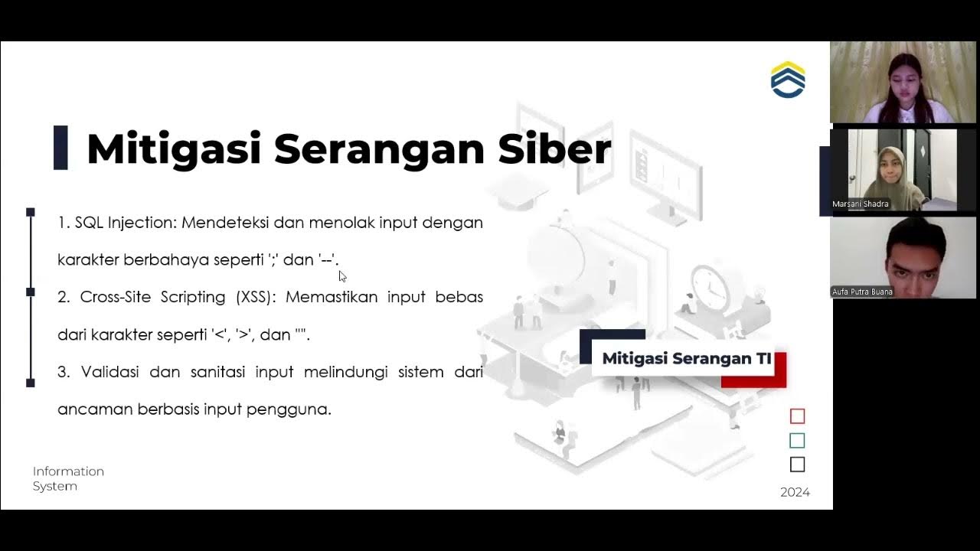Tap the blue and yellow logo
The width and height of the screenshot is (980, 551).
coord(788,80)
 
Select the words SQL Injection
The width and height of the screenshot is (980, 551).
coord(126,223)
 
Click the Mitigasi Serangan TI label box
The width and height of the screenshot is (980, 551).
coord(686,358)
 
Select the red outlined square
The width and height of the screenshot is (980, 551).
coord(797,416)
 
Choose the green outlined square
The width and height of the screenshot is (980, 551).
coord(797,441)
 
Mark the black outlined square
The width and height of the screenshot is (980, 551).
coord(797,465)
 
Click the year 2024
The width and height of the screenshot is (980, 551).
coord(795,492)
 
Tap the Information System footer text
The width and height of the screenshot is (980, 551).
coord(68,478)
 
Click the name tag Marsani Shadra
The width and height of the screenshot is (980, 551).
coord(861,204)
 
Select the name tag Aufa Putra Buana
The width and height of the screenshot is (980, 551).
coord(862,292)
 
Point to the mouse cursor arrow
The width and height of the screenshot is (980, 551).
coord(342,276)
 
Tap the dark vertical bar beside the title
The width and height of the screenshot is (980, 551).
coord(60,148)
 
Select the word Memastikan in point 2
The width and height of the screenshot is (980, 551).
coord(332,297)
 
